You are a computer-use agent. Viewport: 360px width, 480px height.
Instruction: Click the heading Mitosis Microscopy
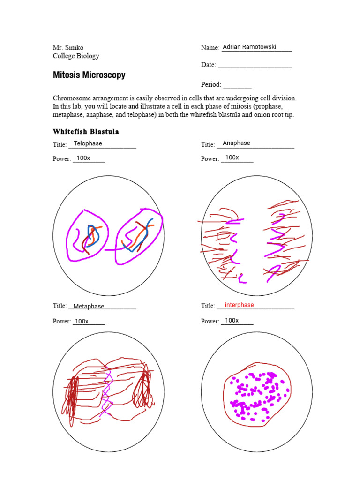point(89,75)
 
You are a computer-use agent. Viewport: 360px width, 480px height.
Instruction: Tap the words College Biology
point(76,56)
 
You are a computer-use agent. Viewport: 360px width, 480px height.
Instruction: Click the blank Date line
point(255,65)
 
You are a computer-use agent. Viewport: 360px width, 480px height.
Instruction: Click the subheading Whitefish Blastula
point(86,131)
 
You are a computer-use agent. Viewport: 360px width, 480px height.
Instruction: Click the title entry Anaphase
point(236,143)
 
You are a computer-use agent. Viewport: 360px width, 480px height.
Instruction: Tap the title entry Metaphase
point(89,306)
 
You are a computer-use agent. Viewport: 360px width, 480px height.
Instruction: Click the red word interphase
point(239,305)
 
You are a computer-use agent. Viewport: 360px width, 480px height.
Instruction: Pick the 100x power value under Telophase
point(83,158)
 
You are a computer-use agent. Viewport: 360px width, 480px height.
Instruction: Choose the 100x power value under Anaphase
point(232,157)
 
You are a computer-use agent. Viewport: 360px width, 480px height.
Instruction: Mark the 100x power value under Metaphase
point(82,321)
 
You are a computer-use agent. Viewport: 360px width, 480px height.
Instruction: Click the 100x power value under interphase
point(232,320)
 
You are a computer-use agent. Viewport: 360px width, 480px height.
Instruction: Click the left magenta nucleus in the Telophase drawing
point(87,234)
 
